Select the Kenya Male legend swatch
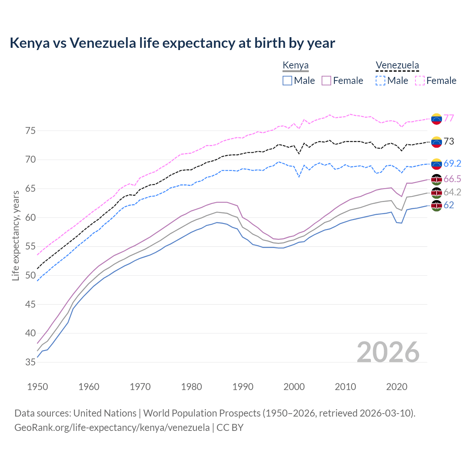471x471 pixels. point(287,81)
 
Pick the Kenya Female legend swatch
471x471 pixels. point(326,81)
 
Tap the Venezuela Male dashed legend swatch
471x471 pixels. point(380,81)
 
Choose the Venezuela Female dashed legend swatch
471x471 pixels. point(420,81)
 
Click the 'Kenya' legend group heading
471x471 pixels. point(295,65)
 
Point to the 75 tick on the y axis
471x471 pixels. point(31,131)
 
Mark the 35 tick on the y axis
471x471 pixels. point(31,362)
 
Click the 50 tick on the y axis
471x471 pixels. point(31,276)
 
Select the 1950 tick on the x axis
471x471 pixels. point(38,387)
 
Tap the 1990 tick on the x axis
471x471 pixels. point(243,387)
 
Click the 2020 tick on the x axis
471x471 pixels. point(397,387)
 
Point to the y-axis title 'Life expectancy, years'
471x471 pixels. point(15,235)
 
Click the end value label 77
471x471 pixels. point(449,118)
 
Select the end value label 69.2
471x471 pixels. point(452,163)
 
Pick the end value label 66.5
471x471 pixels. point(452,179)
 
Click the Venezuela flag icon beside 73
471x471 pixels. point(436,142)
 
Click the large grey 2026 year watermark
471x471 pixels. point(388,352)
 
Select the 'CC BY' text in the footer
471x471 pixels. point(230,428)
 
